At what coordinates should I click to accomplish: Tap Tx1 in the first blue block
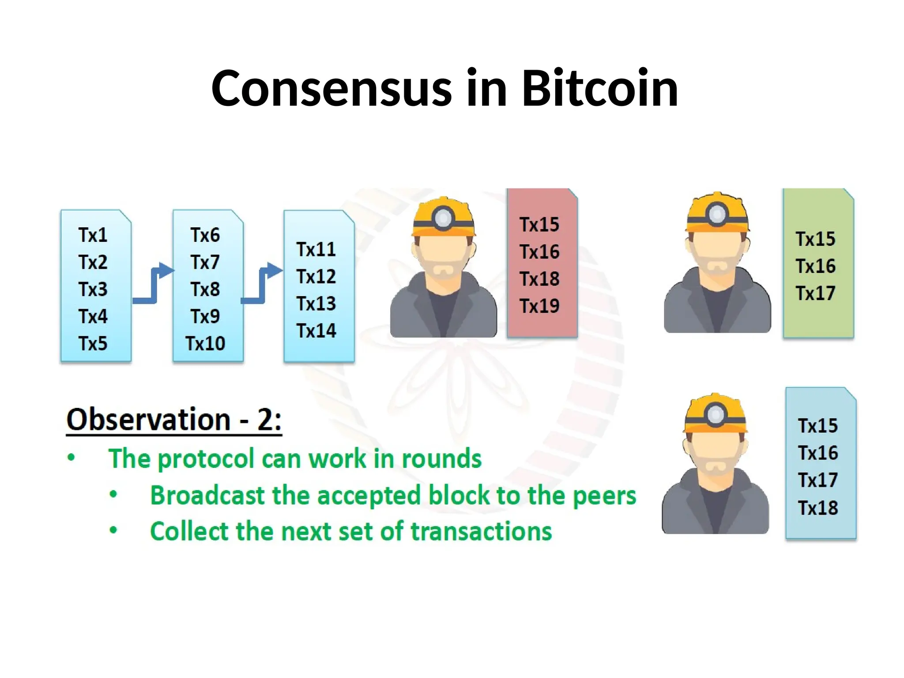(93, 235)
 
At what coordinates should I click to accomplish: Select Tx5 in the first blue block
(93, 343)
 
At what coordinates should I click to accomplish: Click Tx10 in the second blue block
(205, 343)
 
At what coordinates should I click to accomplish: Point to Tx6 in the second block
(205, 235)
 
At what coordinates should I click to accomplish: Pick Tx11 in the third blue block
(316, 249)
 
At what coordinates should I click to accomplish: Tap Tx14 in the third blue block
(316, 331)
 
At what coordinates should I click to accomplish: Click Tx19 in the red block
(539, 306)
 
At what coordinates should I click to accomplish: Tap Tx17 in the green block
(815, 293)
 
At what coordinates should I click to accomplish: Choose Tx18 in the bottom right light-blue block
(817, 508)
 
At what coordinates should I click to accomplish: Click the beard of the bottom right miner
(715, 467)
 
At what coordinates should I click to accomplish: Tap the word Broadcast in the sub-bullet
(207, 495)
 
